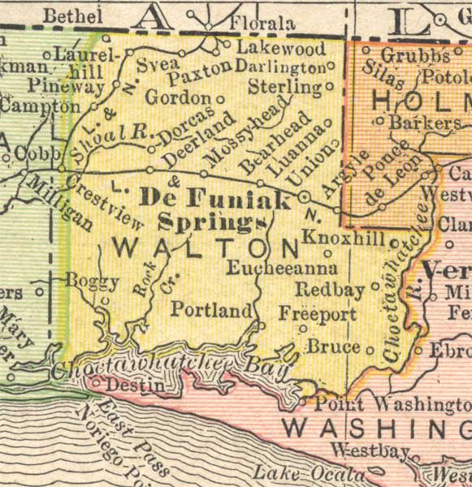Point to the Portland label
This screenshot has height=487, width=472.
click(211, 310)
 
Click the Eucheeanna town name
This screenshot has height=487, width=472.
click(281, 267)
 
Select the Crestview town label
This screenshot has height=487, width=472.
click(106, 204)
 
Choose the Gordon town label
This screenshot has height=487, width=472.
click(177, 97)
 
